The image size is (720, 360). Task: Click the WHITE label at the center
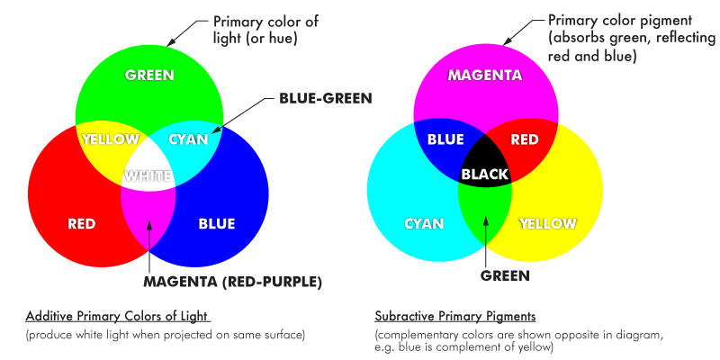pyautogui.click(x=148, y=175)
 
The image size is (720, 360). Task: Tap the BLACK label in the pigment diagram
pyautogui.click(x=485, y=174)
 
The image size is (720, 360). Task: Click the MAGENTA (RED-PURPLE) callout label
pyautogui.click(x=232, y=282)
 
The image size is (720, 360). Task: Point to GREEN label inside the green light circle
pyautogui.click(x=148, y=75)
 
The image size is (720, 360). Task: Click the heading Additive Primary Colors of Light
pyautogui.click(x=117, y=317)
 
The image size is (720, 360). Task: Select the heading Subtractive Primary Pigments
pyautogui.click(x=455, y=317)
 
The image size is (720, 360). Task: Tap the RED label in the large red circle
pyautogui.click(x=82, y=223)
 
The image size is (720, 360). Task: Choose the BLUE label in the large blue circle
pyautogui.click(x=216, y=223)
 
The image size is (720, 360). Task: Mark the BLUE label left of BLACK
pyautogui.click(x=445, y=139)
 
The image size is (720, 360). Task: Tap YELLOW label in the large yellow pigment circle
pyautogui.click(x=548, y=223)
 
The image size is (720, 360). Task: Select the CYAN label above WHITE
pyautogui.click(x=188, y=139)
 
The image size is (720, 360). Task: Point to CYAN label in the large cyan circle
pyautogui.click(x=423, y=223)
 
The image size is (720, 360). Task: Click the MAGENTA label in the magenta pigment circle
pyautogui.click(x=484, y=75)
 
